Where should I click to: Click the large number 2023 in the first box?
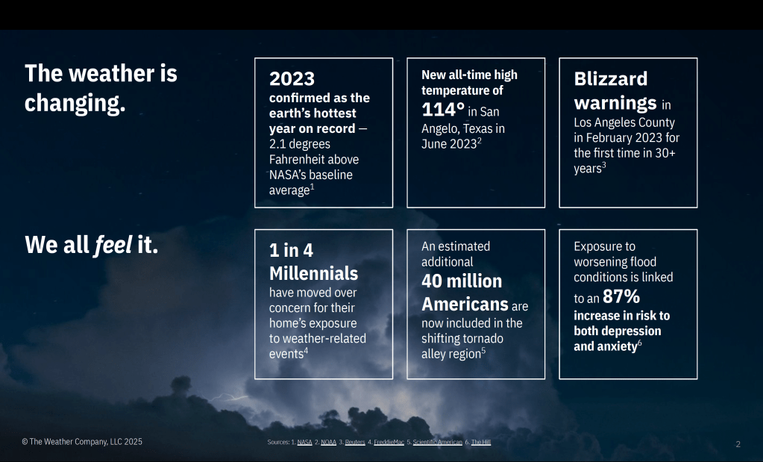(292, 79)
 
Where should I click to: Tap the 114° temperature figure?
(443, 110)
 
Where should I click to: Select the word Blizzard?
(611, 79)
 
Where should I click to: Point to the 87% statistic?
(621, 296)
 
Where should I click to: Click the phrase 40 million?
(462, 281)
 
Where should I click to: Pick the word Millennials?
(314, 274)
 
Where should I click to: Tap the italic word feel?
(113, 244)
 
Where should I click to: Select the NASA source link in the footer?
(304, 442)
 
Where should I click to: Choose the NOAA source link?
(328, 442)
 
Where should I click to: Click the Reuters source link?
(355, 442)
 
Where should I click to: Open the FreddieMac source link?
(389, 442)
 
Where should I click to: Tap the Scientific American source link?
(438, 442)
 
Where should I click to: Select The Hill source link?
(481, 442)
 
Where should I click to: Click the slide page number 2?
(738, 444)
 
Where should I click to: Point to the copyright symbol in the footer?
(25, 442)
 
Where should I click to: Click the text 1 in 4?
(291, 251)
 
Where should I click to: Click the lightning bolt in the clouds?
(229, 399)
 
